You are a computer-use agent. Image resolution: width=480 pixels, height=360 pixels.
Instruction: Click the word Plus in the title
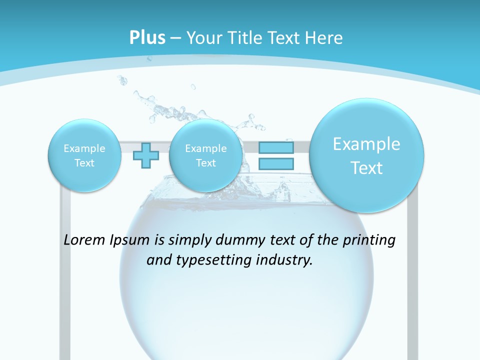(x=147, y=38)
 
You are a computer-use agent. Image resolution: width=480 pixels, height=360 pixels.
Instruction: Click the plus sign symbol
(x=146, y=155)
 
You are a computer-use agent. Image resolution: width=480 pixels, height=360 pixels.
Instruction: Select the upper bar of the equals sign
(x=276, y=148)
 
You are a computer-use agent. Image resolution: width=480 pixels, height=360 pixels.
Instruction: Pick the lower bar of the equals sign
(x=276, y=163)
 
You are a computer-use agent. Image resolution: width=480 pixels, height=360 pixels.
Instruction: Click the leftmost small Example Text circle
(x=84, y=155)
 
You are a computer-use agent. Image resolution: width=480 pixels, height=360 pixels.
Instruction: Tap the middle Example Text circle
(x=205, y=155)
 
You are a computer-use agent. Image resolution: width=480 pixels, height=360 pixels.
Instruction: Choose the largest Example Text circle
(x=366, y=155)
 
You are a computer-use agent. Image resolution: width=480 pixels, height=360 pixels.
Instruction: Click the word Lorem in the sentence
(x=85, y=240)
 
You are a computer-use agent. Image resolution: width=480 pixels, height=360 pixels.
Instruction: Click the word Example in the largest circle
(x=366, y=144)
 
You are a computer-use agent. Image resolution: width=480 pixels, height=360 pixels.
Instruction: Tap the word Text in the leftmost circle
(x=84, y=163)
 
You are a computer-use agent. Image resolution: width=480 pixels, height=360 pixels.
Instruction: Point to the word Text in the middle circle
(x=205, y=163)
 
